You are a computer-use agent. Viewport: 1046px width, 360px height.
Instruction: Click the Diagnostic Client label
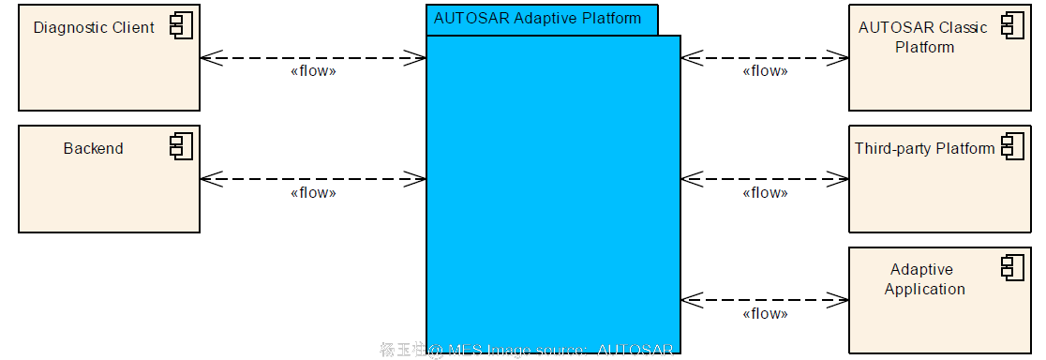tap(94, 27)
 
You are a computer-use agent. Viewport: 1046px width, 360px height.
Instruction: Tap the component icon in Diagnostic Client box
tap(181, 25)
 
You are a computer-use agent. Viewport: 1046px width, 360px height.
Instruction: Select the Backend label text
tap(94, 148)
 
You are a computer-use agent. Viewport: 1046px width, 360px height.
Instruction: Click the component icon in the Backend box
tap(181, 145)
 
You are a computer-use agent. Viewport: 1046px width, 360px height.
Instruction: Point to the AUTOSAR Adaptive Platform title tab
tap(538, 19)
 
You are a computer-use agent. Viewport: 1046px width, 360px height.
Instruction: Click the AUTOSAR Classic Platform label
tap(923, 37)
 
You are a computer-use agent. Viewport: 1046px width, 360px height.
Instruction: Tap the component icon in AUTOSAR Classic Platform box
tap(1012, 25)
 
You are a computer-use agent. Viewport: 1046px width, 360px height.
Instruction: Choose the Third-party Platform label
tap(924, 148)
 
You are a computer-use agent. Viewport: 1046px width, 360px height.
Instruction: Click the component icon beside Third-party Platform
tap(1012, 146)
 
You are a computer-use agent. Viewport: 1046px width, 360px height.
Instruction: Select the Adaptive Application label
tap(924, 279)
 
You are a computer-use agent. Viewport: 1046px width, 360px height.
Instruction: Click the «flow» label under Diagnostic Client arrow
tap(313, 71)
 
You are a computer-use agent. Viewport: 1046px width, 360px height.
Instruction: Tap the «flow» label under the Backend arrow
tap(313, 193)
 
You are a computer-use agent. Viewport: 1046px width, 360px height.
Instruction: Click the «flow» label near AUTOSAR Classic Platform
tap(765, 71)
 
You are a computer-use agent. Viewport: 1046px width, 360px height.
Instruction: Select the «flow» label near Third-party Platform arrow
tap(765, 193)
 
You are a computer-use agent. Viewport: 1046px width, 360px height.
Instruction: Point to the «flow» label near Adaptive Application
tap(765, 314)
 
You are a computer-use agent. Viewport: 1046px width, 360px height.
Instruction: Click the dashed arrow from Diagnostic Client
tap(313, 57)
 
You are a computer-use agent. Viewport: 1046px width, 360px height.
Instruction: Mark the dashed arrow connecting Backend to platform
tap(313, 178)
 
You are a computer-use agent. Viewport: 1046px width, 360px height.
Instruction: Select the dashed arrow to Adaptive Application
tap(765, 300)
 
